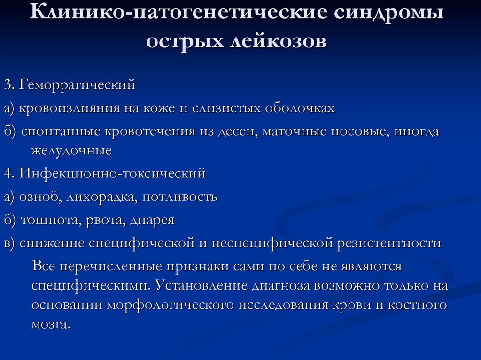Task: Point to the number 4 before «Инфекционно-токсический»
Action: [x=8, y=174]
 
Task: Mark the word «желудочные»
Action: [x=71, y=151]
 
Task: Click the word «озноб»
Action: [x=39, y=197]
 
